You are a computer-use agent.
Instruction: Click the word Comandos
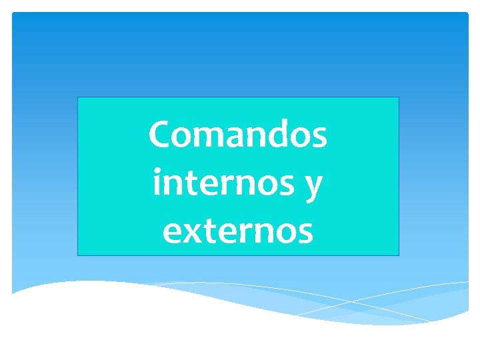coord(237,135)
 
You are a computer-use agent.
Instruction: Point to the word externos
coord(237,231)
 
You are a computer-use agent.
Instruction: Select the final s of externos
coord(304,234)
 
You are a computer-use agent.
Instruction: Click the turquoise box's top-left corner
coord(78,97)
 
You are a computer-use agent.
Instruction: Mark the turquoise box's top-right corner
coord(399,97)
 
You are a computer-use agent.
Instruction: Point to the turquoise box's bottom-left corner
coord(78,256)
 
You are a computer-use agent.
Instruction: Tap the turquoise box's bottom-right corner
coord(399,256)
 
